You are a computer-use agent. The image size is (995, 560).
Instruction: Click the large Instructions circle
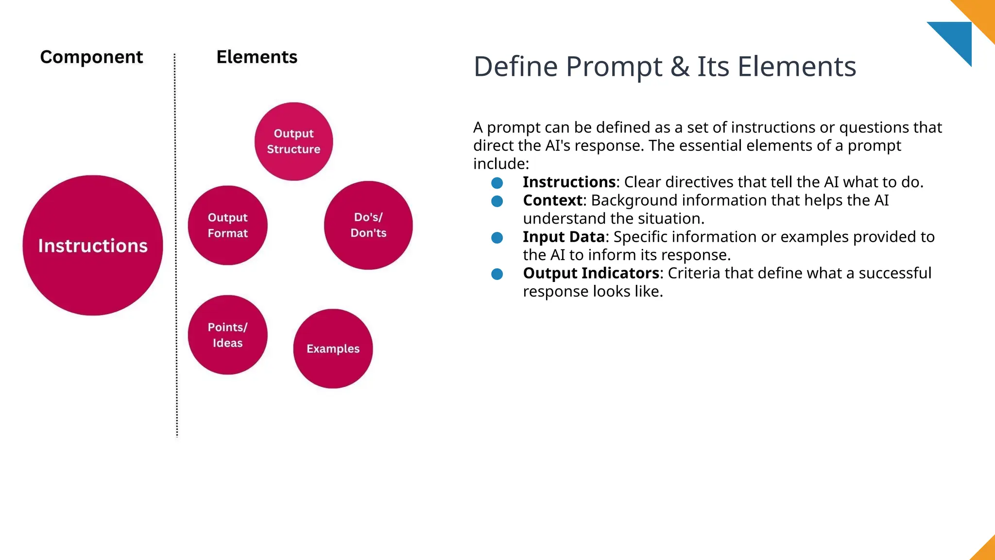coord(93,245)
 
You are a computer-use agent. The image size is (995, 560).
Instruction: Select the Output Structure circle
coord(293,141)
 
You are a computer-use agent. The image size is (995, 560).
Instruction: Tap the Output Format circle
coord(227,226)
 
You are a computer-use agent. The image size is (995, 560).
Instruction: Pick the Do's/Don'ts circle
coord(368,225)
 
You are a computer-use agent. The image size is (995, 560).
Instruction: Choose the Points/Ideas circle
coord(227,335)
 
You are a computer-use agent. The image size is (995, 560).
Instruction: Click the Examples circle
coord(333,349)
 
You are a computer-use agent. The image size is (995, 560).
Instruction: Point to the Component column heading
coord(91,57)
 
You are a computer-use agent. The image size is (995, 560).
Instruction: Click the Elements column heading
coord(257,57)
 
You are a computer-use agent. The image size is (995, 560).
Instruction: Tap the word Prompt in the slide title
coord(614,67)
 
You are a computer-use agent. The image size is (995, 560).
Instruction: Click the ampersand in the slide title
coord(680,67)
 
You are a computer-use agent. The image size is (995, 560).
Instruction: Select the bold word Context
coord(552,200)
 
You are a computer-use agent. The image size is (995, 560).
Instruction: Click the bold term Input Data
coord(564,237)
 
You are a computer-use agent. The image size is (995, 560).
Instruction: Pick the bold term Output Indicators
coord(591,273)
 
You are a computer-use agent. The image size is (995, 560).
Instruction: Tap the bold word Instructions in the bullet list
coord(569,182)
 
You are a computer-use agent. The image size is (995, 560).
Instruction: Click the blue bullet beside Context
coord(497,201)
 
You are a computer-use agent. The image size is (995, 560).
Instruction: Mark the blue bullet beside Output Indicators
coord(497,274)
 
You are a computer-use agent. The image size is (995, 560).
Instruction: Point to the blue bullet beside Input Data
coord(497,238)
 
